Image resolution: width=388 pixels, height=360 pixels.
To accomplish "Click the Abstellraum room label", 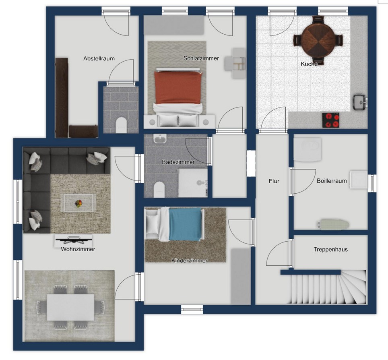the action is coord(99,59).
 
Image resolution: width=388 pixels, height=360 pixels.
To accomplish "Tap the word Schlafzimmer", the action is coord(201,58).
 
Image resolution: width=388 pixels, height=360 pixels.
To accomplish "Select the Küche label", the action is coord(309,64).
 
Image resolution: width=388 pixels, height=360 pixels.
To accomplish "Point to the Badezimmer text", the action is coord(178,162).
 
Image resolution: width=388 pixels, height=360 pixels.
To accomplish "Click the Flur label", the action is coord(274,181).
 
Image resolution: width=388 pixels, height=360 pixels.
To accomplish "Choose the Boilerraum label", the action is coord(332,181).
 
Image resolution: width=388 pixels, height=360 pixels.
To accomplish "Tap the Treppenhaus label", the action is coord(330,249).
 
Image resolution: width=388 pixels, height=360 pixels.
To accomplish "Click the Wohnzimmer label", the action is coord(78,249).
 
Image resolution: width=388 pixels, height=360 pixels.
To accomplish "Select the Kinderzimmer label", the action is coord(189,261).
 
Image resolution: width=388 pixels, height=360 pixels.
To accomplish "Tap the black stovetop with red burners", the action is coord(330,120).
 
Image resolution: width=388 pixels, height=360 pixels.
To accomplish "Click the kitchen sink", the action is coord(359,101).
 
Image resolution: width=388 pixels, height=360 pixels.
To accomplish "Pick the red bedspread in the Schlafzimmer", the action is coord(178,88).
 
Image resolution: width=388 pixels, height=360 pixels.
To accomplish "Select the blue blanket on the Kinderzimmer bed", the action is coord(185,224).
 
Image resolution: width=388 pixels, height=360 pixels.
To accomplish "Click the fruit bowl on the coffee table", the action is coord(78,203).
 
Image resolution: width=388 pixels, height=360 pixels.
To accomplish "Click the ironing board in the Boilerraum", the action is coord(333,225).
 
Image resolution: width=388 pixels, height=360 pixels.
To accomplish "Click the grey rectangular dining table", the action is coord(70,307).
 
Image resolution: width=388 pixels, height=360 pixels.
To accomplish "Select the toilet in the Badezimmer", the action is coord(159,189).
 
